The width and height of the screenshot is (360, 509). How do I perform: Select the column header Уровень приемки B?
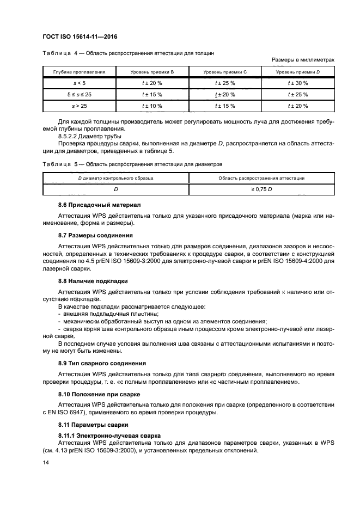pyautogui.click(x=152, y=72)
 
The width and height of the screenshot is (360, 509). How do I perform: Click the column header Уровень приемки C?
pyautogui.click(x=225, y=72)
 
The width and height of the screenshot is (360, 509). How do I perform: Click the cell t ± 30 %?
pyautogui.click(x=298, y=83)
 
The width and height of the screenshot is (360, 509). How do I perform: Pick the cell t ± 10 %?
pyautogui.click(x=152, y=106)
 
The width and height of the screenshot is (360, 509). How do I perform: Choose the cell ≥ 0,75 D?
pyautogui.click(x=261, y=189)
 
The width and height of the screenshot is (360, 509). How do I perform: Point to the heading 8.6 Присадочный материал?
pyautogui.click(x=91, y=205)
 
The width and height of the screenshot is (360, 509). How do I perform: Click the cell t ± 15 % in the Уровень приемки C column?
pyautogui.click(x=225, y=106)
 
